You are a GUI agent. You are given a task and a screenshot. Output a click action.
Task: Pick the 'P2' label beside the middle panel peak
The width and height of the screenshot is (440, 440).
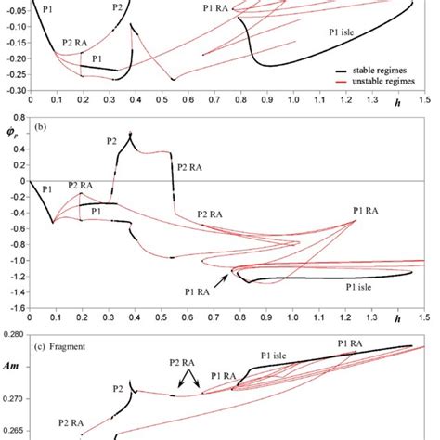click(x=111, y=141)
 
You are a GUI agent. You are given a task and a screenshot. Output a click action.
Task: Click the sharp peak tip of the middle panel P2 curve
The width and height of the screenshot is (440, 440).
click(x=130, y=133)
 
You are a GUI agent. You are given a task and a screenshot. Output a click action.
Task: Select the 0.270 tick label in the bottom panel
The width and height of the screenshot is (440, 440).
click(x=13, y=398)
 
